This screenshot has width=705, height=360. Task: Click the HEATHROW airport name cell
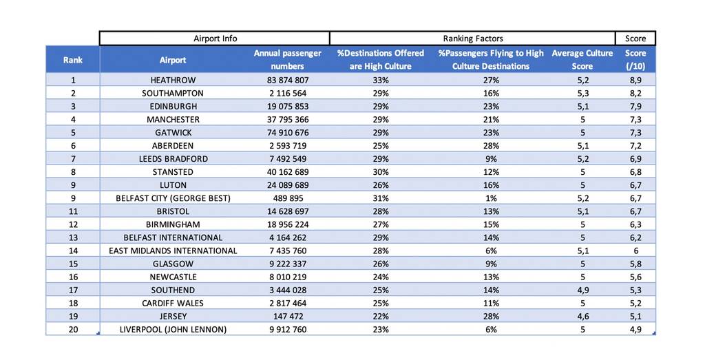click(x=173, y=80)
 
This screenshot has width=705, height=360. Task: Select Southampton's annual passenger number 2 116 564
click(x=288, y=93)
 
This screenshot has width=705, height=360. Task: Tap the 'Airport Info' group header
click(x=215, y=39)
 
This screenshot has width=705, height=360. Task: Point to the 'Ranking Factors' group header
click(x=473, y=39)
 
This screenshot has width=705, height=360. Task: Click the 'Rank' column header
click(x=73, y=60)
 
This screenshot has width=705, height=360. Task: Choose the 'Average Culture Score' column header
click(x=582, y=59)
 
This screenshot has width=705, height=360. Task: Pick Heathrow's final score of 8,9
click(x=635, y=80)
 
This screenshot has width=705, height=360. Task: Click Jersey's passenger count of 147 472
click(x=288, y=316)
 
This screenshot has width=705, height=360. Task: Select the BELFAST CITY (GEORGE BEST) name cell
click(x=173, y=198)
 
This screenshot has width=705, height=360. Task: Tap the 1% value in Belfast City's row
click(x=491, y=198)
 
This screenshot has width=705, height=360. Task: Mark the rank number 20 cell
click(x=73, y=330)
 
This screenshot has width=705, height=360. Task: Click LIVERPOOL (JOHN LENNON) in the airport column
click(x=173, y=330)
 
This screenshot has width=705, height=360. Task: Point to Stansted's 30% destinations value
click(x=380, y=171)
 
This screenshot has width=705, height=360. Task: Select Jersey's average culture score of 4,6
click(x=582, y=316)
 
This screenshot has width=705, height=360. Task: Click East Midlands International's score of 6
click(x=635, y=251)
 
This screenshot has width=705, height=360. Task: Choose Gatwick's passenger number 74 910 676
click(x=288, y=133)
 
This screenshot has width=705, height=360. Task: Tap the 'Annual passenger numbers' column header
click(x=288, y=59)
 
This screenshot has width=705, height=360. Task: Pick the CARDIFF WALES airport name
click(x=173, y=303)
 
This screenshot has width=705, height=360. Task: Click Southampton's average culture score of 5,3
click(x=582, y=93)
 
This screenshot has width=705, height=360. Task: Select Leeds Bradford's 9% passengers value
click(x=491, y=158)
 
